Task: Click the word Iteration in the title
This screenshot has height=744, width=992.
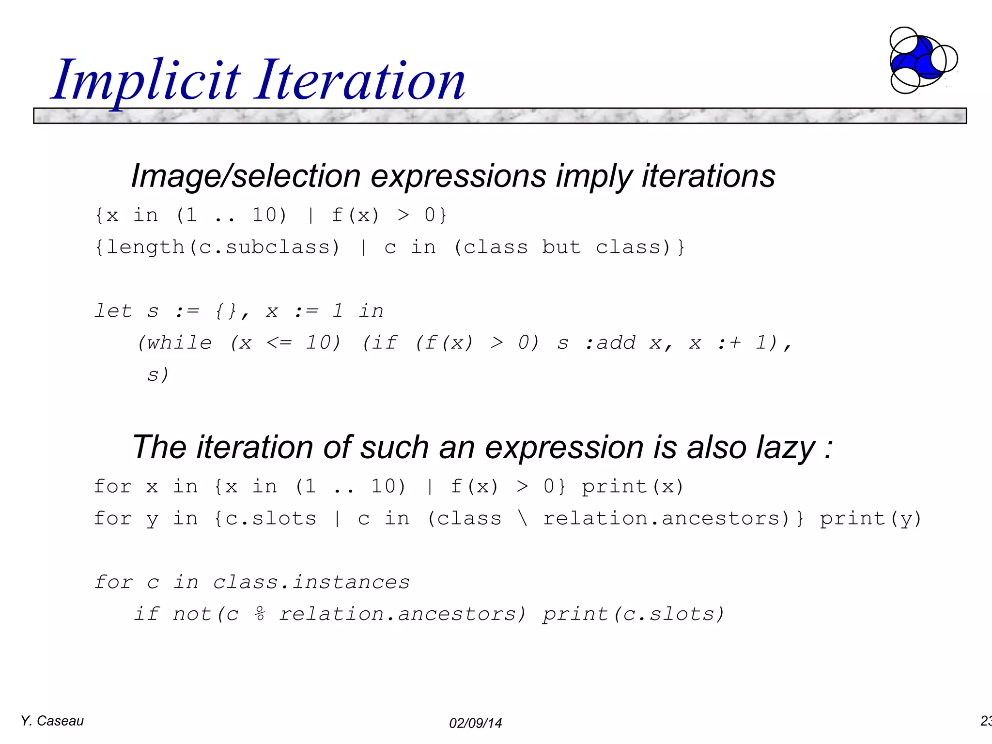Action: [x=361, y=80]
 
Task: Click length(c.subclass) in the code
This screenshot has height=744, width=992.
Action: [x=217, y=248]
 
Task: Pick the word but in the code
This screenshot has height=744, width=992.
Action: [x=561, y=248]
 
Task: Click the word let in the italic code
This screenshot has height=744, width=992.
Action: [x=113, y=311]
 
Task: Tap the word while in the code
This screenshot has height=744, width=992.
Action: [x=179, y=343]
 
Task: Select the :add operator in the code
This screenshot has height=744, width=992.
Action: [x=610, y=343]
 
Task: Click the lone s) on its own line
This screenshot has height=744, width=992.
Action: [x=158, y=374]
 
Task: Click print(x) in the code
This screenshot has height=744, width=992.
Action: [x=633, y=486]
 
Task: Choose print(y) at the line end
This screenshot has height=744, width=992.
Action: [x=870, y=519]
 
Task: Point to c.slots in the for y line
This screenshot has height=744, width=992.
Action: [x=271, y=519]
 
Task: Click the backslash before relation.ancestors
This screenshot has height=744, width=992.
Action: [x=522, y=519]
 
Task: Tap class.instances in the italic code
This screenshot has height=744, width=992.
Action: [x=311, y=582]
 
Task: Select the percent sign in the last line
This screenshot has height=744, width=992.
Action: [x=260, y=614]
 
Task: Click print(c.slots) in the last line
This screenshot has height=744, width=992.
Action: [x=633, y=614]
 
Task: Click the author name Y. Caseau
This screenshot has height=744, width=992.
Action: [x=52, y=721]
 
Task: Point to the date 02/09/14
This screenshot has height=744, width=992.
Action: [x=475, y=723]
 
